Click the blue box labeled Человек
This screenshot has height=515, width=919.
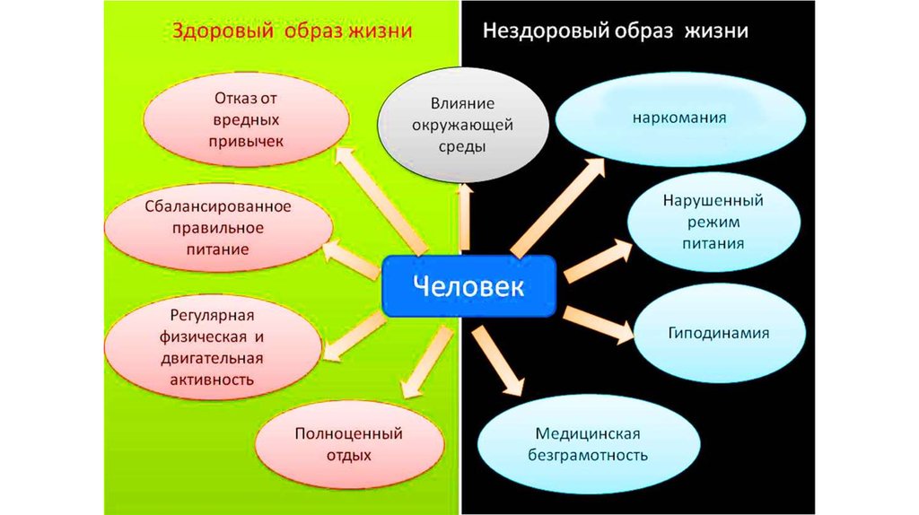pos(469,286)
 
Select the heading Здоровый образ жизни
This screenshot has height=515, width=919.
pos(292,31)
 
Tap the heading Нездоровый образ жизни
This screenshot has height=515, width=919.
pos(616,31)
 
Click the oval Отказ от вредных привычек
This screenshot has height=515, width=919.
pos(247,118)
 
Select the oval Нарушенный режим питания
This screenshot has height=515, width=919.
pos(714,220)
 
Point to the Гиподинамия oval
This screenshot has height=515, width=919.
pos(718,333)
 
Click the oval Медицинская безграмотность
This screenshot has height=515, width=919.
pos(589,444)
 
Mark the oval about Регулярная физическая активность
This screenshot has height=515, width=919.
pos(215,347)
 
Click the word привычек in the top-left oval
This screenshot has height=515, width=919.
pos(247,141)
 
